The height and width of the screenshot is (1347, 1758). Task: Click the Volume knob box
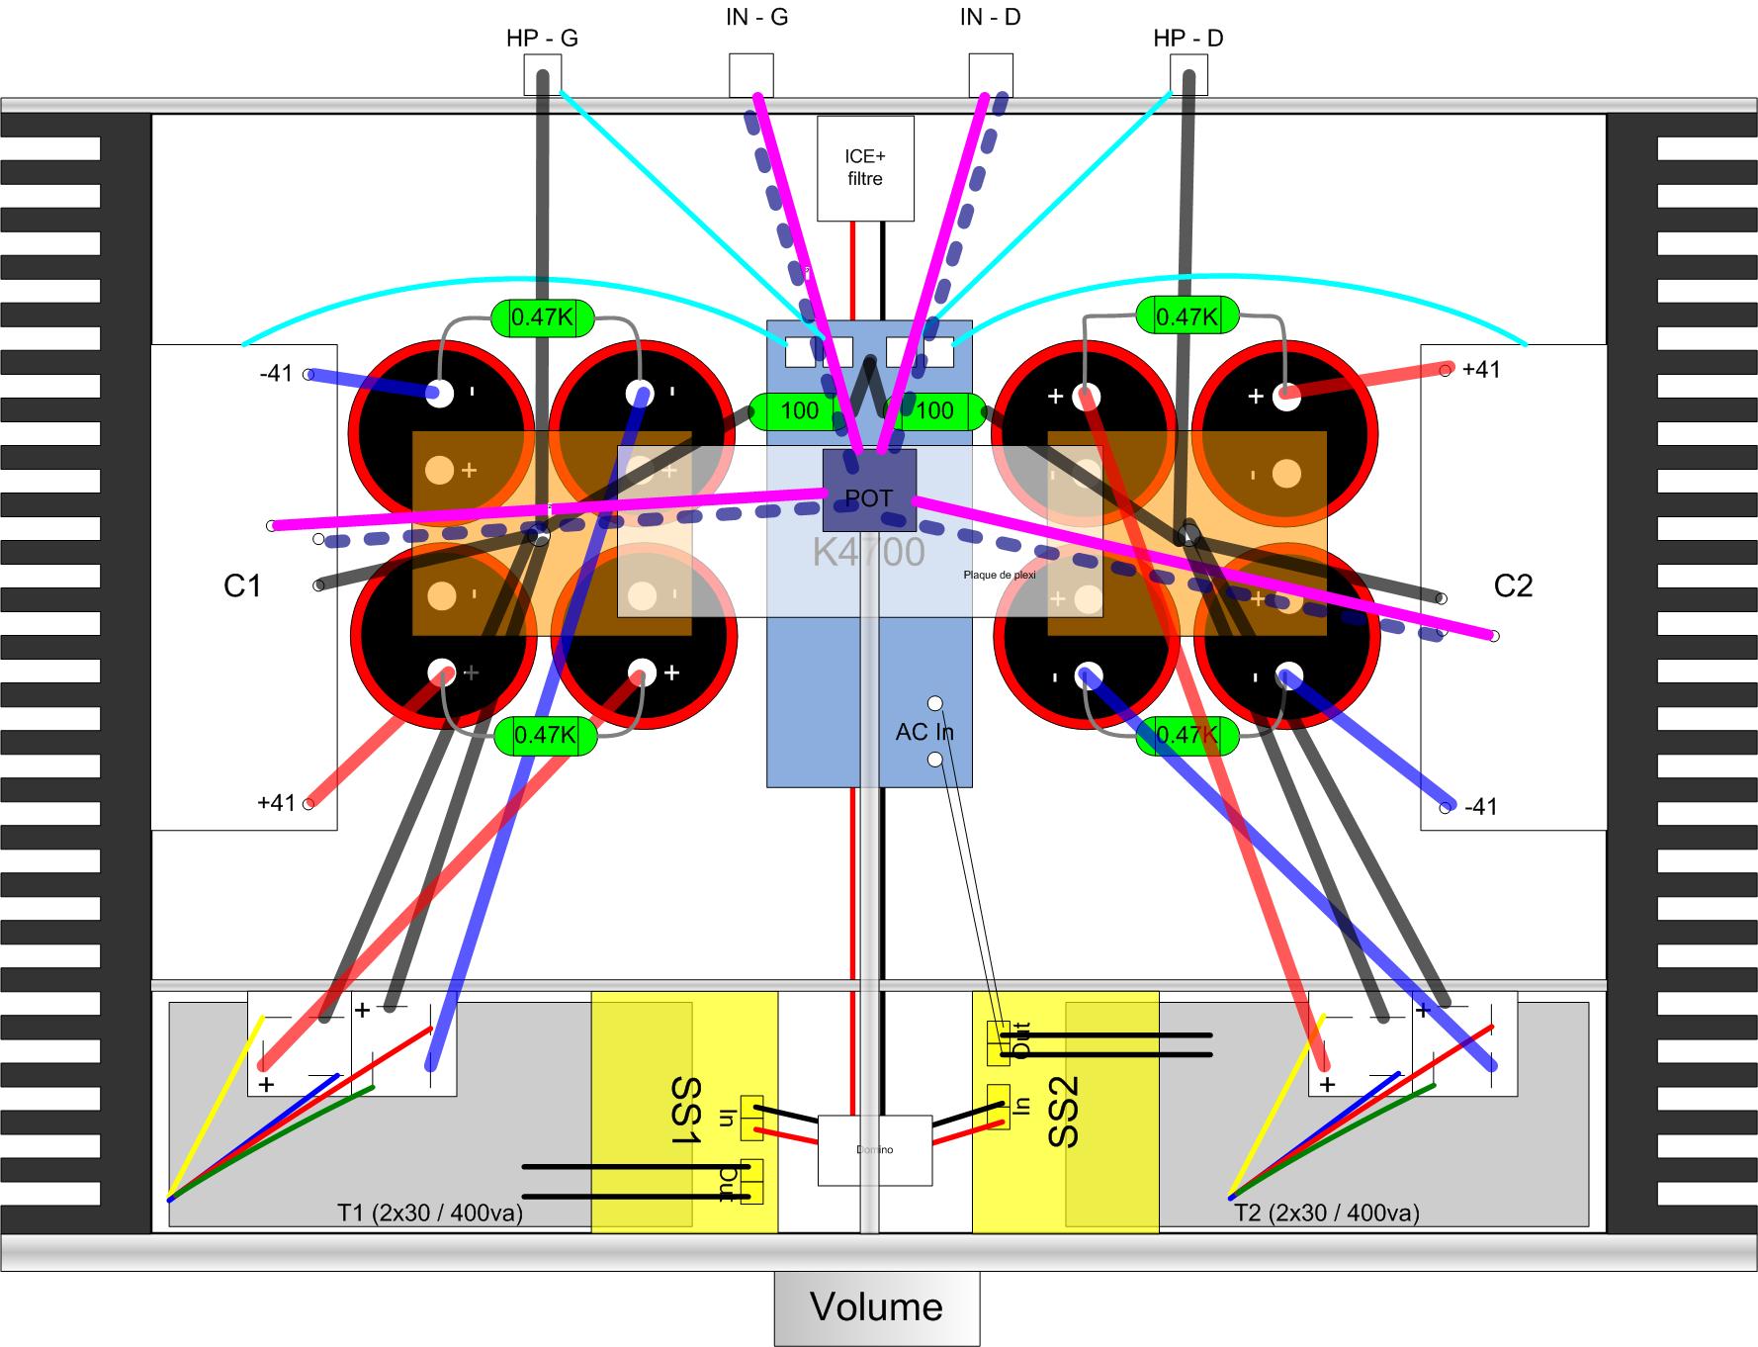[x=876, y=1307]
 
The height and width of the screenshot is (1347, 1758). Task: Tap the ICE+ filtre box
[x=864, y=168]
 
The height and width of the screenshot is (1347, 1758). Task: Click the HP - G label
[x=542, y=39]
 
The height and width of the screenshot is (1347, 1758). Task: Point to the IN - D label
[x=990, y=18]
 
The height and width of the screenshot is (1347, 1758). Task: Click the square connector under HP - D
[x=1188, y=74]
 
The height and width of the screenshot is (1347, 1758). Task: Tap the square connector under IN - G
[x=750, y=74]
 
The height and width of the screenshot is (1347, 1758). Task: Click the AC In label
[x=923, y=732]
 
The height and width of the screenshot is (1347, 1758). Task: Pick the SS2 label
[x=1063, y=1113]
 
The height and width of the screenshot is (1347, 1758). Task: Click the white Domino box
[x=875, y=1150]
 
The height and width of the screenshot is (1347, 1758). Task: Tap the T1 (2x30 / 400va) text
[x=430, y=1212]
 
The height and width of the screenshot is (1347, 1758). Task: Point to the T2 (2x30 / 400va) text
[x=1326, y=1212]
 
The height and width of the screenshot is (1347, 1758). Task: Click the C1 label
[x=242, y=585]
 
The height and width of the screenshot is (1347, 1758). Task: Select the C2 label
[x=1513, y=585]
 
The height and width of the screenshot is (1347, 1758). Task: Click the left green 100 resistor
[x=799, y=410]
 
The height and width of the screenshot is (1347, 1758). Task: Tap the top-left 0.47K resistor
[x=543, y=317]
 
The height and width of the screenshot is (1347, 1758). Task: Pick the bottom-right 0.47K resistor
[x=1187, y=735]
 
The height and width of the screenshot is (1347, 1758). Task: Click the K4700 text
[x=868, y=552]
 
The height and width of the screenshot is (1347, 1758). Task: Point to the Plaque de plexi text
[x=999, y=575]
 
